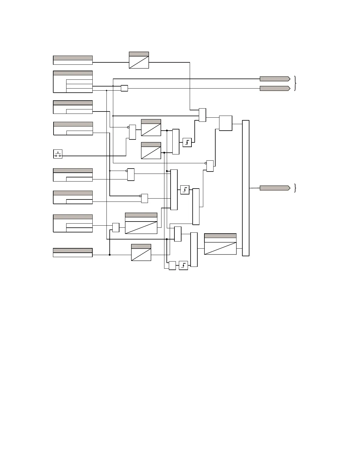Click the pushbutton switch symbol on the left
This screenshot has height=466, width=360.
tap(58, 154)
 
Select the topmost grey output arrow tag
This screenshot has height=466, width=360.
tap(275, 79)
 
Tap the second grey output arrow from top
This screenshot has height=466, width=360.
tap(275, 88)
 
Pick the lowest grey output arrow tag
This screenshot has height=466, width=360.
tap(275, 188)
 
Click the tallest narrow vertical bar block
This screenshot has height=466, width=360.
tap(246, 188)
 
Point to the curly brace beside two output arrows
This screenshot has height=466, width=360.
tap(295, 84)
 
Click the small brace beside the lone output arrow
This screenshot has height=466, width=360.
tap(295, 188)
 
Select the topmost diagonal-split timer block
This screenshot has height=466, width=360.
tap(139, 60)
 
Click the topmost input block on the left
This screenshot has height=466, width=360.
tap(73, 60)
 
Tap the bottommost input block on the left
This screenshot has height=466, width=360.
tap(73, 253)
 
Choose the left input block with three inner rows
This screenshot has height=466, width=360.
tap(73, 82)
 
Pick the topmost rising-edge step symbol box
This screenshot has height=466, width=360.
tap(187, 143)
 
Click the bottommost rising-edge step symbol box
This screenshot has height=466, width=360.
tap(183, 266)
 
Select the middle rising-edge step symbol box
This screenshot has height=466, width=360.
tap(185, 190)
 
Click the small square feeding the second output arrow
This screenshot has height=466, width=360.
tap(124, 88)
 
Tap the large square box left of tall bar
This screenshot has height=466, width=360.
tap(226, 123)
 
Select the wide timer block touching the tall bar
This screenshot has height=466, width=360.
tap(220, 244)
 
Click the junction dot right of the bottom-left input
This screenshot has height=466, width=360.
tap(110, 255)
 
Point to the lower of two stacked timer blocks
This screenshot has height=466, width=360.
tap(151, 151)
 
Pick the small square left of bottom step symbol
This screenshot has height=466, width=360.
tap(172, 266)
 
